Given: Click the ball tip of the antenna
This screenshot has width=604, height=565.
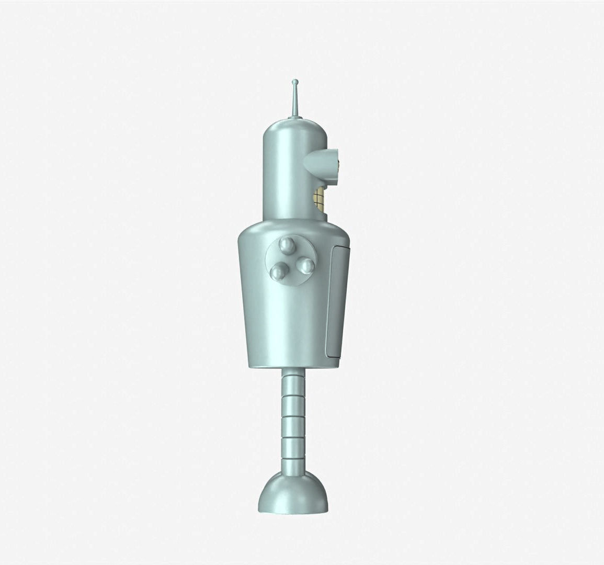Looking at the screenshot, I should pyautogui.click(x=295, y=82).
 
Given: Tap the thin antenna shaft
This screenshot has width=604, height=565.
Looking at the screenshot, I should pyautogui.click(x=295, y=99).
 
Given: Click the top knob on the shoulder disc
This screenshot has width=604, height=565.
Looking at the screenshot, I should pyautogui.click(x=287, y=244).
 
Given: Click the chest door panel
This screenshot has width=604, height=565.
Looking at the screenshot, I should pyautogui.click(x=335, y=303).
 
